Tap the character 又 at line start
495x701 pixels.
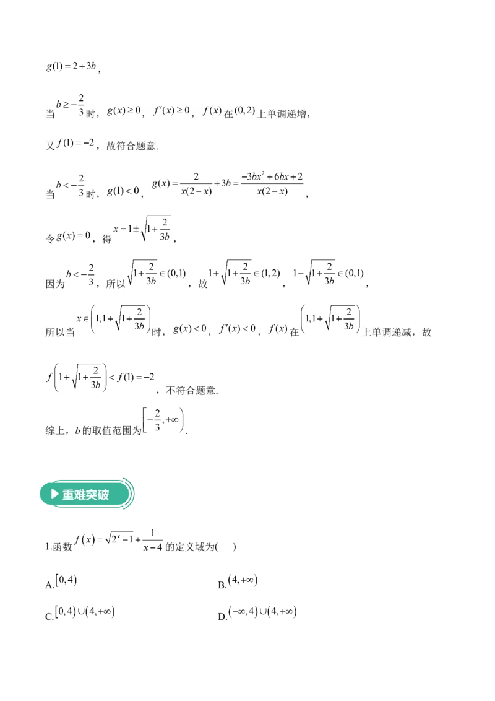(x=50, y=147)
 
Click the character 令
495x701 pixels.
(x=50, y=240)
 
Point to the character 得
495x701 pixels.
(x=106, y=240)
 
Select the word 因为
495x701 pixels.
(x=55, y=285)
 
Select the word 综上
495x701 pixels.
(x=55, y=431)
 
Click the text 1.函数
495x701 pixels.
(x=59, y=547)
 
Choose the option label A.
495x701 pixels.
(x=49, y=585)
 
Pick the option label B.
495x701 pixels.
(x=222, y=585)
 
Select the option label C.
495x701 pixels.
(x=49, y=617)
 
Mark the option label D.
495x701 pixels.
(x=222, y=617)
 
